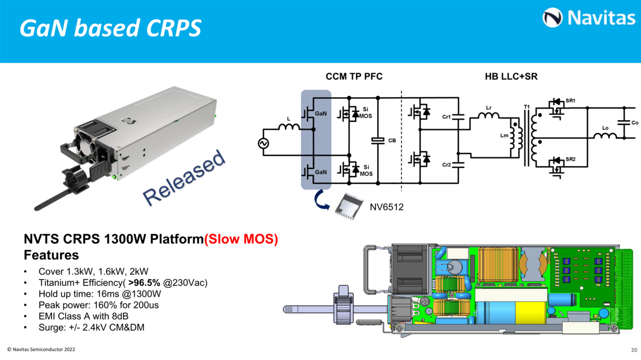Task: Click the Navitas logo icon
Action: (552, 18)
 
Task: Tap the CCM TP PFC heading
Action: (354, 77)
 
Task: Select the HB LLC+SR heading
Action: (507, 77)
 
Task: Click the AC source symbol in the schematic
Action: (263, 143)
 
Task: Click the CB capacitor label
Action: (392, 140)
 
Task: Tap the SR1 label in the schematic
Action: (571, 100)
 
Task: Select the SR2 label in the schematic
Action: (571, 160)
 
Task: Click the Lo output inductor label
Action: (605, 128)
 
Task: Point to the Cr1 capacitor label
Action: (447, 116)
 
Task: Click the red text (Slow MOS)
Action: (241, 239)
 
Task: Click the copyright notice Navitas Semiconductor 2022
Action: (41, 349)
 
